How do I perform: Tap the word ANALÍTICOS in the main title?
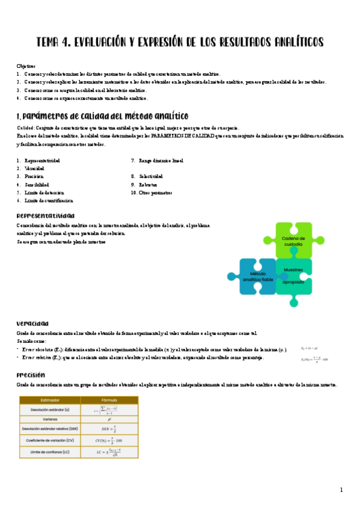coord(290,42)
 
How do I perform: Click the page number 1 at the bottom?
coord(341,490)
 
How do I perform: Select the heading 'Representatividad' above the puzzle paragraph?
coord(46,214)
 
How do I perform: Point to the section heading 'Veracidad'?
coord(33,322)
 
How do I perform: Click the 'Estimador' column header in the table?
coord(49,400)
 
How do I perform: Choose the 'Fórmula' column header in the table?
coord(109,400)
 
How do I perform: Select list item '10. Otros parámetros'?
coord(151,192)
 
